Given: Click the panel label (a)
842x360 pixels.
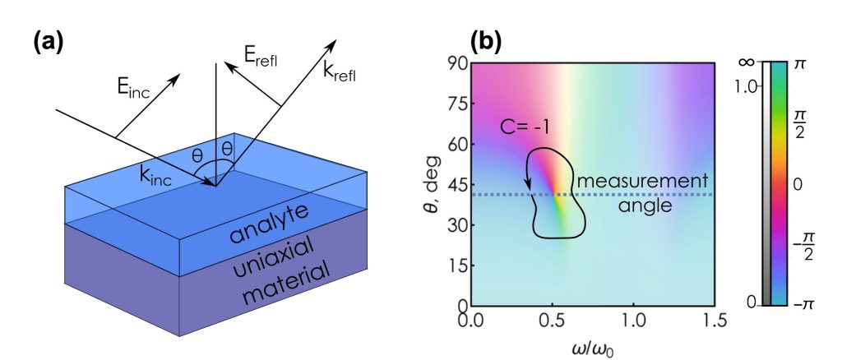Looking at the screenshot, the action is [x=48, y=43].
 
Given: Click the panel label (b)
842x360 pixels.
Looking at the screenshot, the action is [x=485, y=43].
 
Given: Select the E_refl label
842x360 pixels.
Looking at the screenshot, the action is [x=261, y=58].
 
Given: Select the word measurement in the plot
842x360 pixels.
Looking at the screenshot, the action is [x=623, y=182].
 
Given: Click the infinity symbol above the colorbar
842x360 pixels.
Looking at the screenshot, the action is [x=747, y=62].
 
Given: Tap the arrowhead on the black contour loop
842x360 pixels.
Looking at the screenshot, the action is [x=529, y=184].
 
